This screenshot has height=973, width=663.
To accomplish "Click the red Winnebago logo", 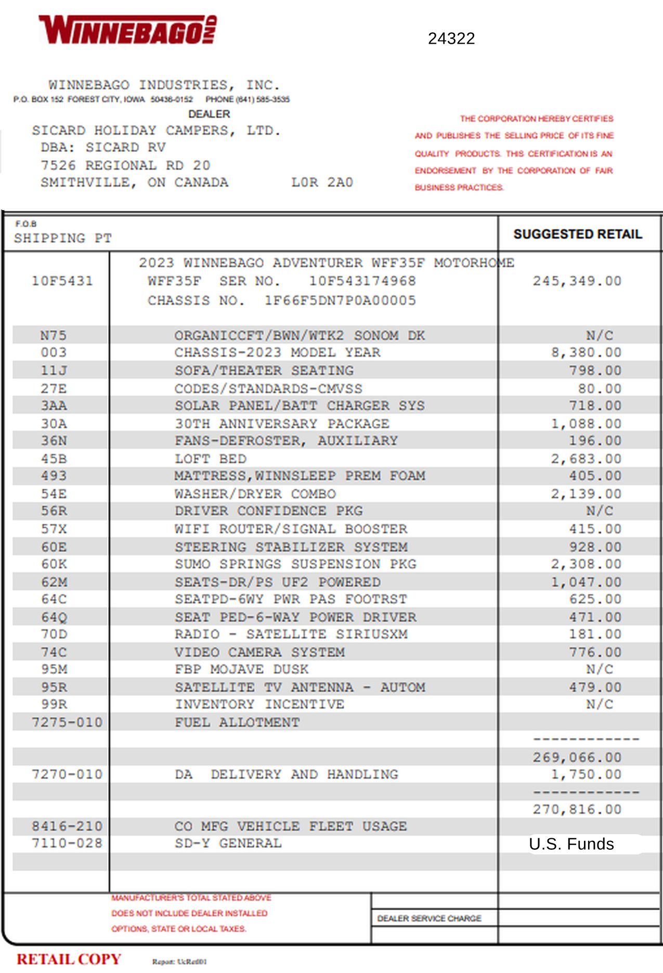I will (x=127, y=30).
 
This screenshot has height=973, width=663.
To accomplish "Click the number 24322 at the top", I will (x=451, y=38).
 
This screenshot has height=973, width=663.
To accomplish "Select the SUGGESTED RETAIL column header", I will (x=577, y=234).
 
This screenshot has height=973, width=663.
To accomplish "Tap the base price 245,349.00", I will (x=577, y=281).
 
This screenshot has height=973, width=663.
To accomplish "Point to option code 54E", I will (x=54, y=494).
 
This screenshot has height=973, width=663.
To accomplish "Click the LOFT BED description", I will (x=210, y=459).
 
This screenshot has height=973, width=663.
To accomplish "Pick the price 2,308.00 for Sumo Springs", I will (x=586, y=564).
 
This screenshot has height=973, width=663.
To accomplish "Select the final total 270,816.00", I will (x=577, y=810).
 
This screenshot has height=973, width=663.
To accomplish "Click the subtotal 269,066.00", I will (x=577, y=758).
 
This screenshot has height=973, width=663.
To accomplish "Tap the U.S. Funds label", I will (x=571, y=844).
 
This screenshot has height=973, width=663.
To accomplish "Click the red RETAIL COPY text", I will (x=69, y=959).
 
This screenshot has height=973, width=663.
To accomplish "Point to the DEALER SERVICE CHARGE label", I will (x=429, y=918).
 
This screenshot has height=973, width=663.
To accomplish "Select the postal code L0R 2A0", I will (x=322, y=183).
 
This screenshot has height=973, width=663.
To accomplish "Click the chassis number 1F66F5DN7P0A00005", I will (x=340, y=301).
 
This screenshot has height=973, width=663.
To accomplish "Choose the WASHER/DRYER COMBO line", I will (x=255, y=494).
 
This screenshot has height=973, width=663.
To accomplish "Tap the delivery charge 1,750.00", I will (x=586, y=775).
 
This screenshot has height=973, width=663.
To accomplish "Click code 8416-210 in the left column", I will (x=67, y=826).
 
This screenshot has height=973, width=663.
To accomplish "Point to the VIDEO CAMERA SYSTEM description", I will (x=259, y=652).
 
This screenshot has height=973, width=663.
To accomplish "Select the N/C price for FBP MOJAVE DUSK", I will (x=600, y=669).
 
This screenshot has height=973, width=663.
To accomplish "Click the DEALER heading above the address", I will (x=209, y=114).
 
